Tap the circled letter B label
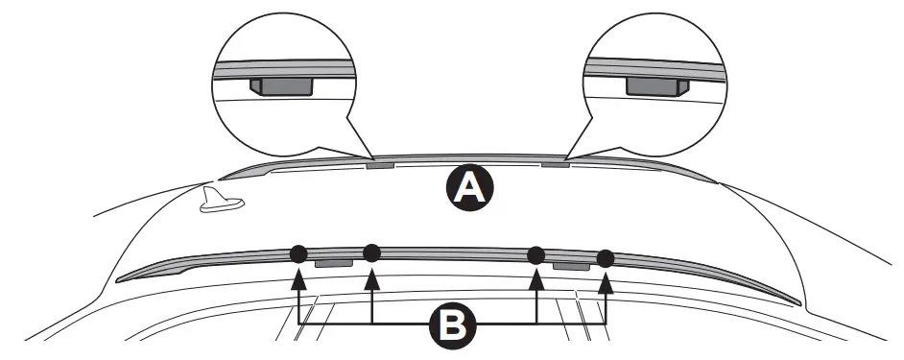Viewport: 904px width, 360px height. (449, 324)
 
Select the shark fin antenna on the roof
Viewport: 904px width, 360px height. (221, 201)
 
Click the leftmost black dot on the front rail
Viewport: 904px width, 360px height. (298, 253)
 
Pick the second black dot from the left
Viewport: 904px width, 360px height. (372, 252)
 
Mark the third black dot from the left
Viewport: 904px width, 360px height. (536, 254)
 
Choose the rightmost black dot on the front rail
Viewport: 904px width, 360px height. (606, 258)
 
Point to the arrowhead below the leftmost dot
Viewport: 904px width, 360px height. (298, 276)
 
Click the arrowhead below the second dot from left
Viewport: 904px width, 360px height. (372, 276)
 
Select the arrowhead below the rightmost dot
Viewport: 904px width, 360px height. (606, 280)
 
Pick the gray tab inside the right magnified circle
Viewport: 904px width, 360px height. (653, 86)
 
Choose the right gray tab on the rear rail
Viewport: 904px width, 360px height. (556, 164)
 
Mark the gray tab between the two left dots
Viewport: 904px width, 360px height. (335, 261)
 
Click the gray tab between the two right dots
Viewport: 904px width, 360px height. (570, 264)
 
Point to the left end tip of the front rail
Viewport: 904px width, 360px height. (118, 279)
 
